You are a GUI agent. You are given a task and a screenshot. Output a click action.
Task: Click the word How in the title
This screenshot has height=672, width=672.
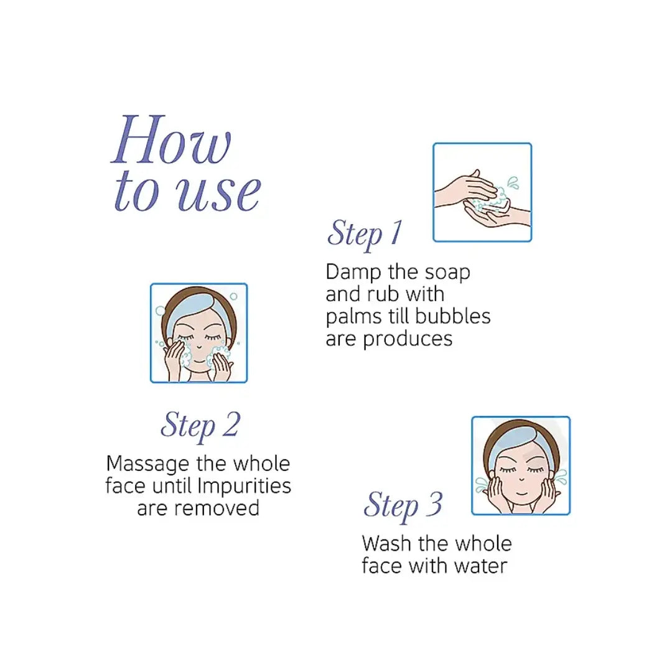click(171, 139)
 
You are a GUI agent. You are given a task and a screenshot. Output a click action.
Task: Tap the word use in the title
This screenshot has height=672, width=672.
click(219, 193)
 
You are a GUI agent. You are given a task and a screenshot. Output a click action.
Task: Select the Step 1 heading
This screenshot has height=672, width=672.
click(365, 233)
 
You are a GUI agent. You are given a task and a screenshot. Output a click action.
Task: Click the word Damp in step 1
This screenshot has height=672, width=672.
click(353, 272)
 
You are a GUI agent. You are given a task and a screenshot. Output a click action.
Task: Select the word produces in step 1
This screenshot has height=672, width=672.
click(408, 340)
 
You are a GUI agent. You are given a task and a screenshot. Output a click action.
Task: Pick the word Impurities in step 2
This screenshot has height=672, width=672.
click(245, 486)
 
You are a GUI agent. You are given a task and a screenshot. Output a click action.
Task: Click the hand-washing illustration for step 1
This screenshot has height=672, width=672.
click(482, 192)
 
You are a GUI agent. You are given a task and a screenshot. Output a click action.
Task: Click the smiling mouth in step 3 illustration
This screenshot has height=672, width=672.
click(521, 493)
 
